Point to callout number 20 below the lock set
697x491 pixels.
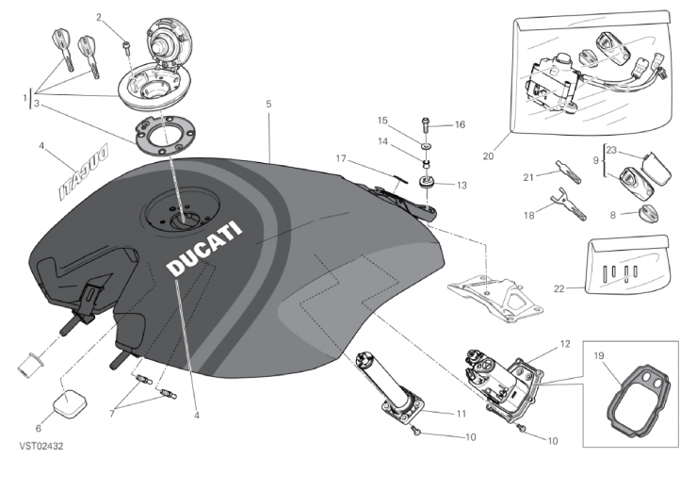click(488, 155)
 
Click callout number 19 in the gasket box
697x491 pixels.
click(599, 355)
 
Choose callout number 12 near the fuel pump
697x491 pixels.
click(565, 344)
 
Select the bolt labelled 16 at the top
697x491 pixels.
click(427, 123)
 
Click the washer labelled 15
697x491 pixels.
click(427, 147)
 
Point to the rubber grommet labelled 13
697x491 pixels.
click(427, 182)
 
